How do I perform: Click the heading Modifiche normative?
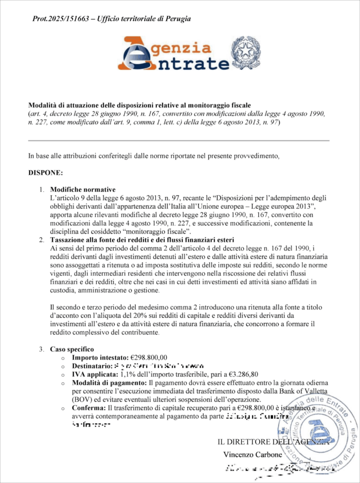click(82, 189)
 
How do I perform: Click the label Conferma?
click(90, 407)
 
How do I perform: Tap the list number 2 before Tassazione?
click(41, 240)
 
